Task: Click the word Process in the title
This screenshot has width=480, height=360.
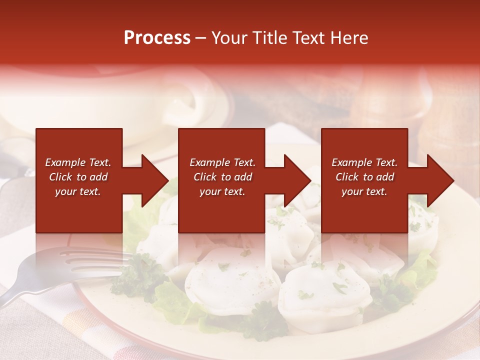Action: [157, 38]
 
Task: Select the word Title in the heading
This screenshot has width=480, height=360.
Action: [269, 38]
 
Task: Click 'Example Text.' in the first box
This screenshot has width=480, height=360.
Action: [78, 162]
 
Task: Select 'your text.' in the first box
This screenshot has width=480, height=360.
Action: [78, 191]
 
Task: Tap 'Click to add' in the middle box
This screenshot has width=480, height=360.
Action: [222, 177]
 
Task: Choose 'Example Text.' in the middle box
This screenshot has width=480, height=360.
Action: [222, 162]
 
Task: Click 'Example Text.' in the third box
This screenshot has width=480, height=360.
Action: [364, 162]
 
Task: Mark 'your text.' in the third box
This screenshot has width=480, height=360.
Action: [364, 191]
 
